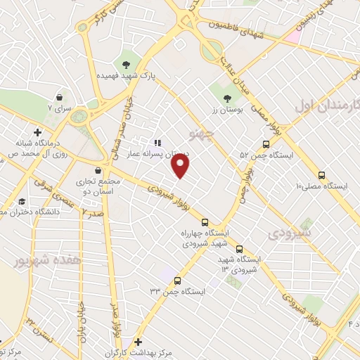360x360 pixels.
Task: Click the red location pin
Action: click(x=181, y=166)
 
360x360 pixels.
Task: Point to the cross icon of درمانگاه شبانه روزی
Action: click(x=37, y=131)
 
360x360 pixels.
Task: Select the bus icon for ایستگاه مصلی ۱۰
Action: click(x=321, y=175)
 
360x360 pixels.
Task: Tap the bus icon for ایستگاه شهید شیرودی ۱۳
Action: click(x=240, y=249)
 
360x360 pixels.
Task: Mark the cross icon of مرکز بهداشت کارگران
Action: click(x=138, y=342)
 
